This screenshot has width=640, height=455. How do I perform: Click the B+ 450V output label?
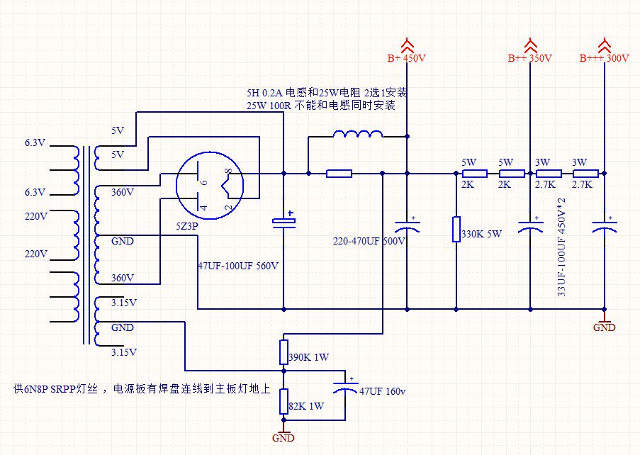pyautogui.click(x=407, y=58)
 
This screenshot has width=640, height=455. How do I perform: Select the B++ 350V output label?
pyautogui.click(x=530, y=58)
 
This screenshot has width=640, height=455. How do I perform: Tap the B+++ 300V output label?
pyautogui.click(x=604, y=58)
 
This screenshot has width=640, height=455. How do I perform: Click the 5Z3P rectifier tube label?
pyautogui.click(x=187, y=226)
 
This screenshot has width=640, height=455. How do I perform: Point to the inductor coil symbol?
pyautogui.click(x=358, y=134)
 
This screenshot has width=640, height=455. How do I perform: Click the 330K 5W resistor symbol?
pyautogui.click(x=456, y=229)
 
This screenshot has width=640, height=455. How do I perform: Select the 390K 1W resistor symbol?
pyautogui.click(x=283, y=352)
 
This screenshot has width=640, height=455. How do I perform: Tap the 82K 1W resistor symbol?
pyautogui.click(x=283, y=401)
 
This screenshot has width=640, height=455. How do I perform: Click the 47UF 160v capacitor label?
pyautogui.click(x=383, y=391)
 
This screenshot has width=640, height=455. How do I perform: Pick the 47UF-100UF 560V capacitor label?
pyautogui.click(x=238, y=266)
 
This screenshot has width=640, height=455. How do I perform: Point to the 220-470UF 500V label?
pyautogui.click(x=369, y=241)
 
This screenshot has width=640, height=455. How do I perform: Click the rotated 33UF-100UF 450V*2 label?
pyautogui.click(x=562, y=247)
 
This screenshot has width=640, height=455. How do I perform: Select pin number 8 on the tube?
pyautogui.click(x=229, y=172)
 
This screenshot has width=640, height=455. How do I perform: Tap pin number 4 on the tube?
pyautogui.click(x=203, y=207)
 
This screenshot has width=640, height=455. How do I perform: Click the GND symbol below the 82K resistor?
pyautogui.click(x=283, y=435)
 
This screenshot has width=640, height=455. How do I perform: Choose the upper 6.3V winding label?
pyautogui.click(x=35, y=143)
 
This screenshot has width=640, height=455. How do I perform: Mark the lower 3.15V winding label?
pyautogui.click(x=124, y=352)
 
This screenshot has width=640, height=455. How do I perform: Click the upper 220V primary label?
pyautogui.click(x=36, y=216)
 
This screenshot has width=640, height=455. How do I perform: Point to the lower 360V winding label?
pyautogui.click(x=123, y=279)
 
